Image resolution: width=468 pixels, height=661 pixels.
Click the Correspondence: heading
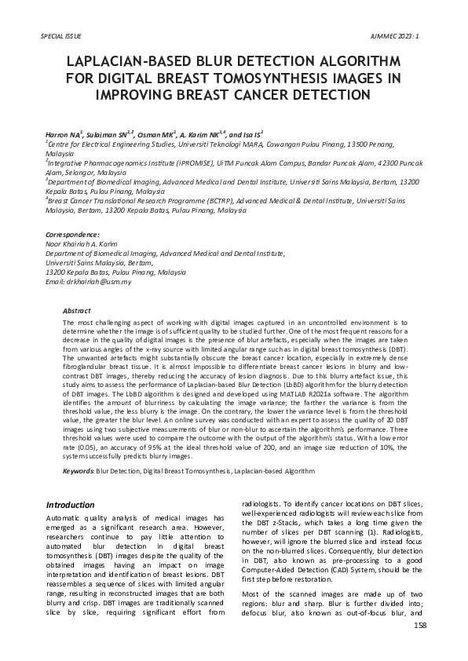(72, 235)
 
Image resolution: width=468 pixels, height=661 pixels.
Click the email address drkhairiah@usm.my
(98, 282)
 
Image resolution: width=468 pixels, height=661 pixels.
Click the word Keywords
(77, 471)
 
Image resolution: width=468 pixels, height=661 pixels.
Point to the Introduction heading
(71, 505)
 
